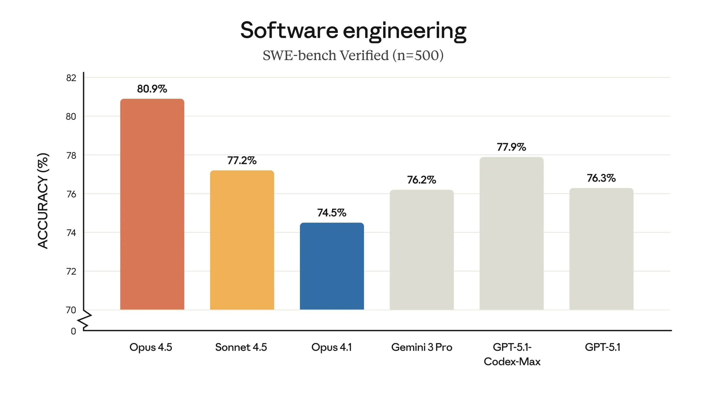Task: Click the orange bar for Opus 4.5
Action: [x=152, y=205]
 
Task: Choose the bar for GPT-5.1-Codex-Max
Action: [x=511, y=233]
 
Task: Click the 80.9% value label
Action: [x=152, y=89]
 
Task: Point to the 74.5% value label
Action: [x=332, y=213]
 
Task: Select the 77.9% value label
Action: [x=511, y=147]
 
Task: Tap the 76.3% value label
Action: [x=601, y=178]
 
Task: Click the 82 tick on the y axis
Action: [x=71, y=78]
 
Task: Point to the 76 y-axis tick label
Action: [x=71, y=194]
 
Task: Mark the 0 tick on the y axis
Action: [x=73, y=331]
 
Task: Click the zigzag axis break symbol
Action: [x=85, y=321]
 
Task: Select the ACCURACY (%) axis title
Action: [x=43, y=201]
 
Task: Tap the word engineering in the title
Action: [x=405, y=32]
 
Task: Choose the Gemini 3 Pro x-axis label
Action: [x=421, y=347]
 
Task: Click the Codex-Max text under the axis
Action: [x=512, y=362]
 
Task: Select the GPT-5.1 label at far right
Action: [x=602, y=347]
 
